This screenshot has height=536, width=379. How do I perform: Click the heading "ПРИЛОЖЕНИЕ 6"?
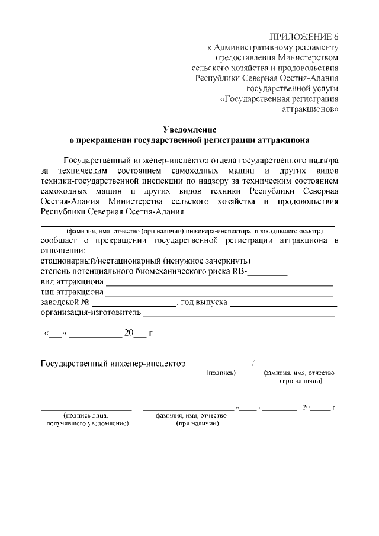(304, 37)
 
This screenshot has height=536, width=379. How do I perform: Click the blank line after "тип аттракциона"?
(219, 294)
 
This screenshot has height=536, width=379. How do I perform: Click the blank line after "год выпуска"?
(283, 304)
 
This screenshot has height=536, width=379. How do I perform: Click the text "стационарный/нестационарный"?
(101, 261)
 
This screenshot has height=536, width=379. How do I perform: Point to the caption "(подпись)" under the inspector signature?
(221, 373)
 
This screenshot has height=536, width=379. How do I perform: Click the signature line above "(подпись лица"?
(86, 410)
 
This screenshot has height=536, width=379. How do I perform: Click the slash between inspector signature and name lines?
(253, 363)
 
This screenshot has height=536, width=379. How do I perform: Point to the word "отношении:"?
(63, 251)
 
